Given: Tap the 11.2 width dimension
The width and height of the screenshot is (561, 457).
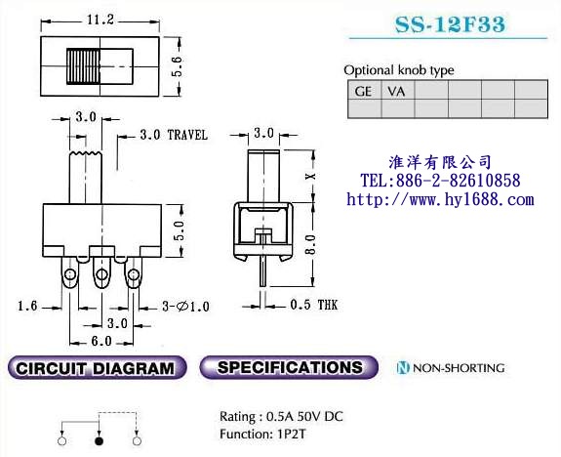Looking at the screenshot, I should coord(101,20).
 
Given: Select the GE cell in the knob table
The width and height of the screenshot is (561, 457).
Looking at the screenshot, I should coord(364,91).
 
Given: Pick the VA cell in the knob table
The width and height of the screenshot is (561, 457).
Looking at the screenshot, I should coord(396,91).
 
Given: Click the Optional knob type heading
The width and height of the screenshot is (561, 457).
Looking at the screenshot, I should coord(399,70).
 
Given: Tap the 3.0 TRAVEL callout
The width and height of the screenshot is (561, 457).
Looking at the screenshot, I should coord(174,135).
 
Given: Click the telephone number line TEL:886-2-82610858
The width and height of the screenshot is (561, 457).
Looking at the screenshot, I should coord(440,181).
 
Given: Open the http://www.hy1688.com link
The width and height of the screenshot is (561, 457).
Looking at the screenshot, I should coord(440,199).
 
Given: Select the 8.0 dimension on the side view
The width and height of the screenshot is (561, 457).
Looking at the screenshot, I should coord(310,243).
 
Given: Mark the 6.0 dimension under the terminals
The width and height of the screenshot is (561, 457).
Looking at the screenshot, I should coord(100,341).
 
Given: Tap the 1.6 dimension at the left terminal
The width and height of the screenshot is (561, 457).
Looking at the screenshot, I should coord(27,306).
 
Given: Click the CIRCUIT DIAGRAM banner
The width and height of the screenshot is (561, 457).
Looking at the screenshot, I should coord(96,368).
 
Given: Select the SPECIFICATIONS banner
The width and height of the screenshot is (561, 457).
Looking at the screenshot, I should coord(289,368).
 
